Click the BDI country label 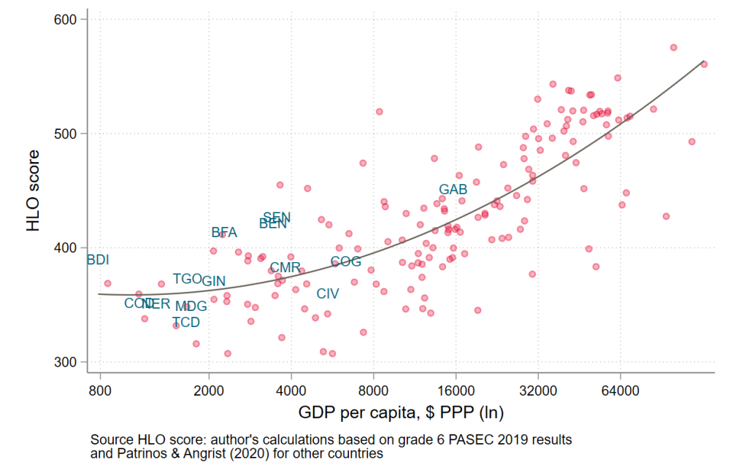coord(98,260)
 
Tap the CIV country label coord(328,294)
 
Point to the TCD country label coord(185,323)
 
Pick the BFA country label coord(224,233)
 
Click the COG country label coord(346,262)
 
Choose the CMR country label coord(285,268)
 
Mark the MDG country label coord(191,307)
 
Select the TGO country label coord(187,279)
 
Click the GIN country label coord(214,281)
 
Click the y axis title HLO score coord(34,191)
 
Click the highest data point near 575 coord(673,47)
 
